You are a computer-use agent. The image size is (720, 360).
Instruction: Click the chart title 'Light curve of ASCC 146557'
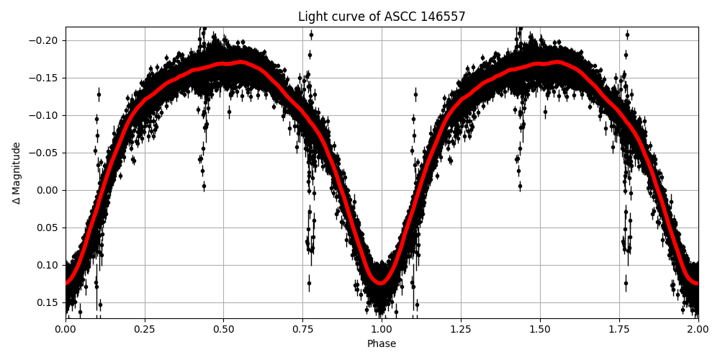click(x=382, y=17)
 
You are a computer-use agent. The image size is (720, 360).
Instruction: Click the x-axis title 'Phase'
click(x=382, y=344)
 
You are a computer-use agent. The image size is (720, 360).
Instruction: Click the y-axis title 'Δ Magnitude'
click(x=17, y=173)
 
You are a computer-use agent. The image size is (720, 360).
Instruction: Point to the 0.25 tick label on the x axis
click(x=145, y=330)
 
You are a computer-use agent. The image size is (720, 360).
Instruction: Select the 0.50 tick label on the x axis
click(x=223, y=330)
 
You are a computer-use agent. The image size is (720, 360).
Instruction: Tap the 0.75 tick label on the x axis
click(x=302, y=330)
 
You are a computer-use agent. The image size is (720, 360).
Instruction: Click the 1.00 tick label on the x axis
click(x=382, y=330)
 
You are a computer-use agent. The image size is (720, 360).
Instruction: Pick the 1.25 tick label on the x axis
click(x=461, y=330)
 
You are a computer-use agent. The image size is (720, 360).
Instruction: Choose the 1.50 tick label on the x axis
click(x=540, y=330)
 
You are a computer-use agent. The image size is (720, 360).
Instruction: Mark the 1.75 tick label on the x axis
click(x=619, y=330)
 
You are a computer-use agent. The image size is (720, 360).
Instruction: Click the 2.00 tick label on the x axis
click(x=698, y=330)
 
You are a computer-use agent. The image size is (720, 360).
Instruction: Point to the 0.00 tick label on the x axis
click(x=66, y=330)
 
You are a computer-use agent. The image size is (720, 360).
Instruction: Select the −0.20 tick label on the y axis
click(x=45, y=40)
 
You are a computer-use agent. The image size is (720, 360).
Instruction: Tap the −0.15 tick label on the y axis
click(x=45, y=78)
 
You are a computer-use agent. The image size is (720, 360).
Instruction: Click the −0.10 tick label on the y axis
click(x=45, y=115)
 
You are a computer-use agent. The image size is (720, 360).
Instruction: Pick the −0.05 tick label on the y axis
click(x=45, y=153)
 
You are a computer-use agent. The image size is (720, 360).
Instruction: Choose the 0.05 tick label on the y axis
click(x=48, y=228)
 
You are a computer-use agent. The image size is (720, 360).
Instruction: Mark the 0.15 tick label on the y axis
click(x=48, y=302)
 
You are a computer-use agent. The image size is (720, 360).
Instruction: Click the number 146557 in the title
click(x=444, y=17)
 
